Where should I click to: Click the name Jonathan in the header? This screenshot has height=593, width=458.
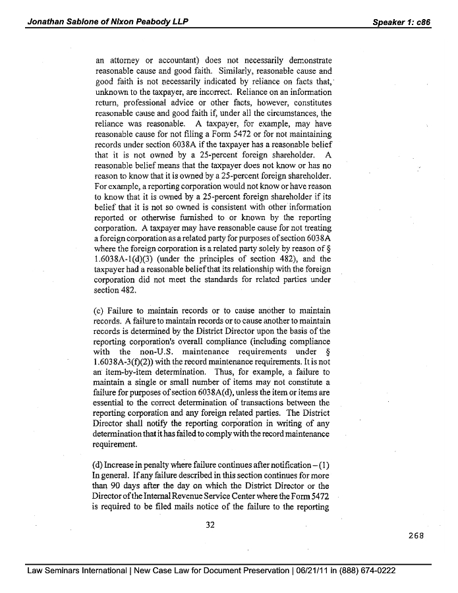46,22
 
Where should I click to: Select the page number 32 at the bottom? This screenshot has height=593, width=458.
211,524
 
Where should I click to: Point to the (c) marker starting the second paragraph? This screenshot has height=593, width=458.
101,310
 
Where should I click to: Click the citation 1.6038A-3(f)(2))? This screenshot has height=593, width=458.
129,362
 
